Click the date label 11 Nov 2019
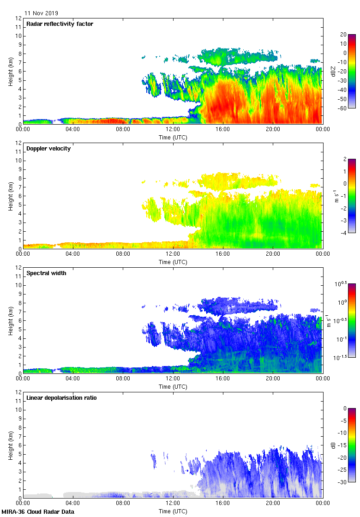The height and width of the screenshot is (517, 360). [42, 13]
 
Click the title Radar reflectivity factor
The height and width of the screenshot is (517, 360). [60, 24]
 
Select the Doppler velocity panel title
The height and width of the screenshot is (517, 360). [48, 149]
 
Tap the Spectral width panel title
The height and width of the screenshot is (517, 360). [46, 273]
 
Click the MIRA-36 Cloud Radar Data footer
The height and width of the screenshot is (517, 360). [38, 512]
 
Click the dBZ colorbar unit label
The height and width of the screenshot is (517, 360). [333, 71]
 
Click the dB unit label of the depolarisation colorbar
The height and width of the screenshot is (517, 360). [333, 445]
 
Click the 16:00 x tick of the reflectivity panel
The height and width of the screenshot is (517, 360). [223, 130]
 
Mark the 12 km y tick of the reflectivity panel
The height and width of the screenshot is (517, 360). [18, 18]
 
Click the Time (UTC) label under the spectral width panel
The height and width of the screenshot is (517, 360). [173, 386]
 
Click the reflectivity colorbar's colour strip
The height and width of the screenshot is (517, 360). [352, 71]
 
